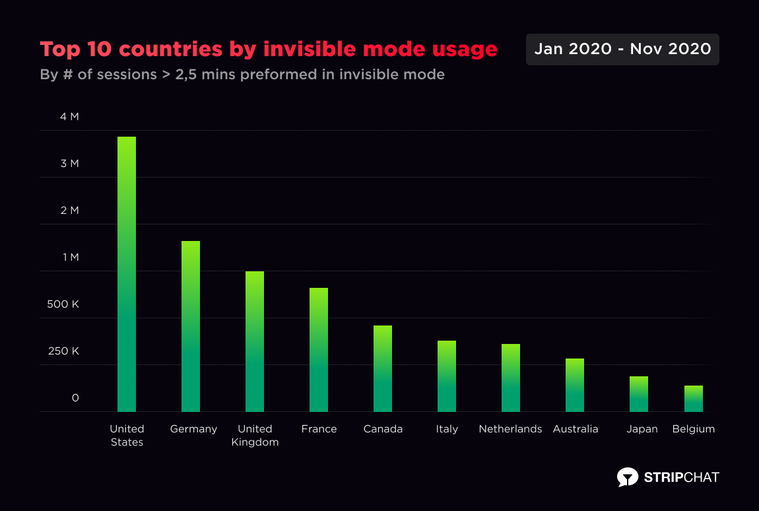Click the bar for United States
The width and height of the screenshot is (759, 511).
[x=127, y=274]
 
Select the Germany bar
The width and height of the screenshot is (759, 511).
[x=191, y=326]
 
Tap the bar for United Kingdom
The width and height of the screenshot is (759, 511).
[x=255, y=341]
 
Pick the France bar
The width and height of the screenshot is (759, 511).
[x=319, y=350]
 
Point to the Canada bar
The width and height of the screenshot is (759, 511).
[x=383, y=368]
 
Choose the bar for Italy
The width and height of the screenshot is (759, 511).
[x=447, y=376]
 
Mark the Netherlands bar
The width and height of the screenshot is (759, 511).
[x=511, y=378]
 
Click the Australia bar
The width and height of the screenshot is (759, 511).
[x=575, y=385]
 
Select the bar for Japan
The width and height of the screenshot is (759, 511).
[x=639, y=394]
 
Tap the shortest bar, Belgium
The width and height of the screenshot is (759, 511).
[x=694, y=399]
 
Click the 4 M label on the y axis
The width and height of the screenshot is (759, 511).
[x=69, y=117]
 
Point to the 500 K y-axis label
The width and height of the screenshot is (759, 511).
[x=63, y=304]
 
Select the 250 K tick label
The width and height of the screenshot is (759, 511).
[x=63, y=351]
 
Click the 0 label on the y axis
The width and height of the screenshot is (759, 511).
[x=75, y=398]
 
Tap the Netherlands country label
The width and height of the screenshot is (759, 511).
[x=510, y=429]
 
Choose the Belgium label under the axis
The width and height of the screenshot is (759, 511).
[x=694, y=429]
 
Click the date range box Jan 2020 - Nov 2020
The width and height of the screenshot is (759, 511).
[x=622, y=50]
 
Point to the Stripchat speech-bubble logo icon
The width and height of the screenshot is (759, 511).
[x=628, y=477]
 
